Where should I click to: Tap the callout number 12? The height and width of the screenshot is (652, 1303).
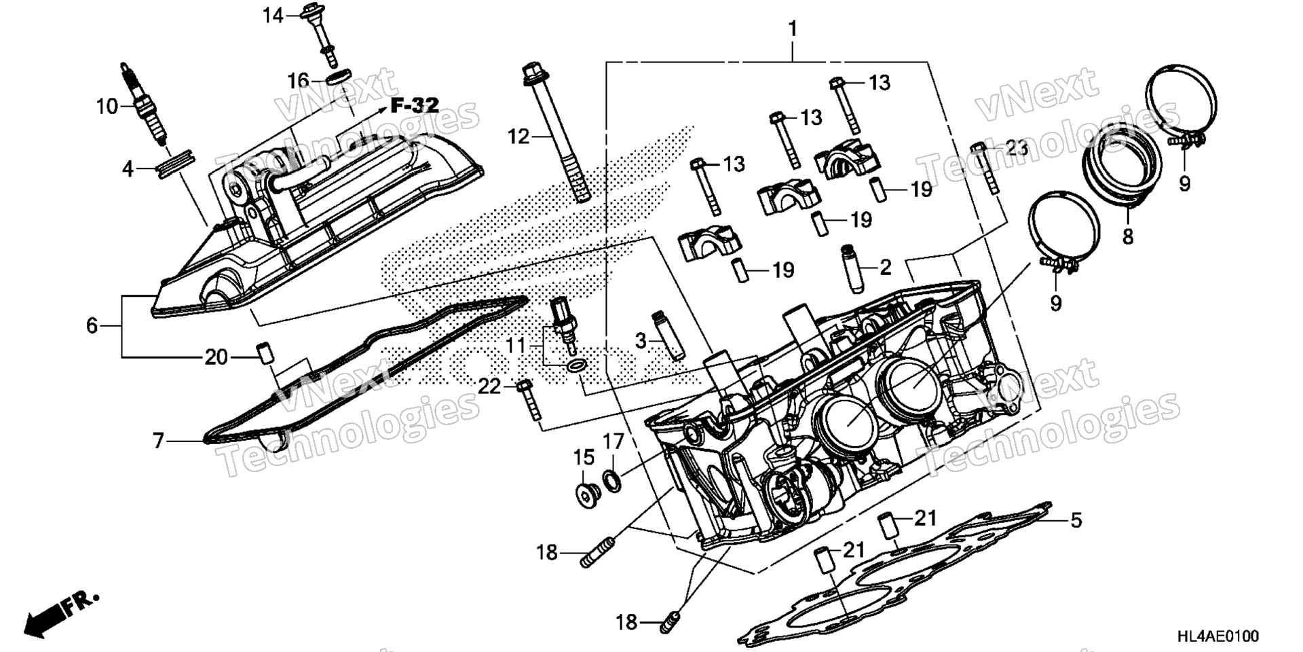point(518,137)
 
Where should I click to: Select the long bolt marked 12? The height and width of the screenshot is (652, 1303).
point(557,132)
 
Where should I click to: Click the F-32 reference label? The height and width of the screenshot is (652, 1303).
point(415,105)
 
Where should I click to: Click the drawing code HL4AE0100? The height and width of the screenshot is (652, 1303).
point(1217,636)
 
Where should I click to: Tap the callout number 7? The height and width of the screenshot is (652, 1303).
point(158,441)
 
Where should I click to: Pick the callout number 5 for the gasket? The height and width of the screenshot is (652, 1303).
point(1076,521)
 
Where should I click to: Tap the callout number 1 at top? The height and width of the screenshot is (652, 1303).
point(792,29)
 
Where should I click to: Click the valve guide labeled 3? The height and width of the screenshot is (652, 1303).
point(668,336)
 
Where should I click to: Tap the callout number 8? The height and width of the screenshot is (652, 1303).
point(1127,236)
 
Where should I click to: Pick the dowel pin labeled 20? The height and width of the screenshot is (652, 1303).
point(263,353)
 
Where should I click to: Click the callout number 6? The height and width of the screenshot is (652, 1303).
point(92,326)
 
